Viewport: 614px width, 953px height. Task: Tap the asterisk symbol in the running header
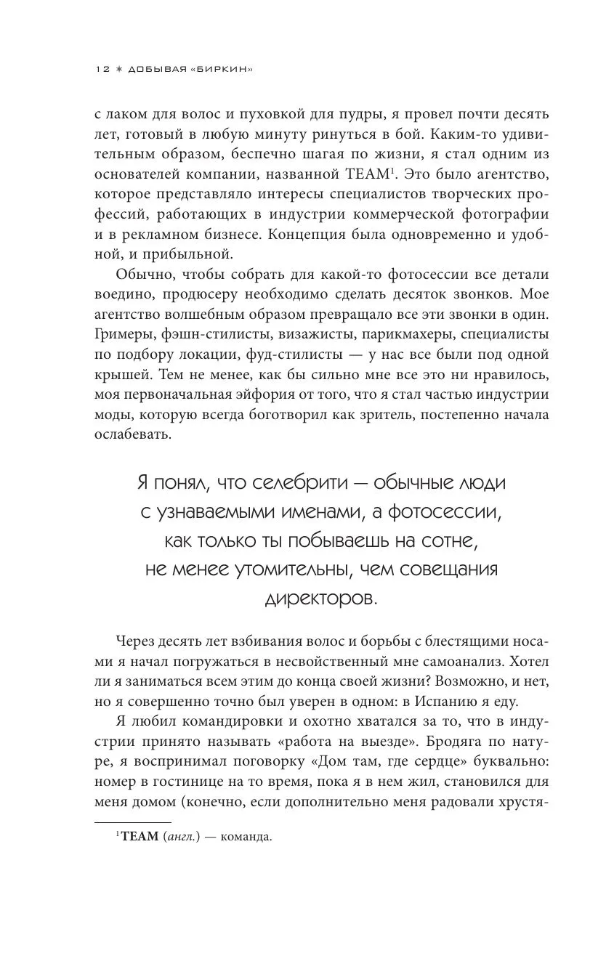(119, 69)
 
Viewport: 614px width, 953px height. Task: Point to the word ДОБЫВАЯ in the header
(161, 69)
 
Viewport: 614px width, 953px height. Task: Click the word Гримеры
(124, 336)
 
